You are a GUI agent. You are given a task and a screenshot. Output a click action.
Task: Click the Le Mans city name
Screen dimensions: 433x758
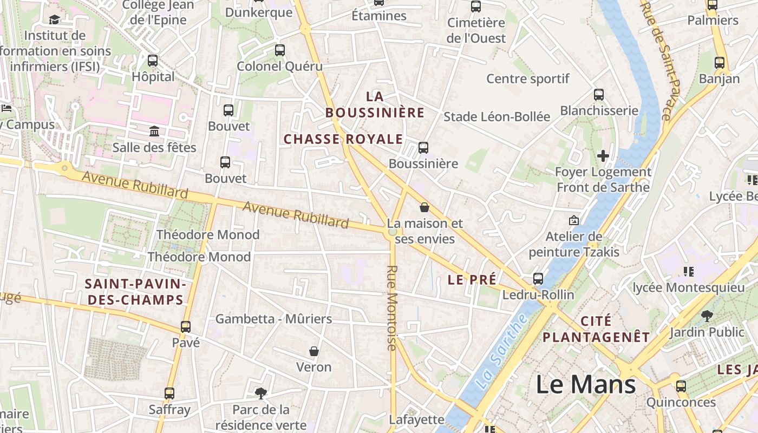tap(586, 384)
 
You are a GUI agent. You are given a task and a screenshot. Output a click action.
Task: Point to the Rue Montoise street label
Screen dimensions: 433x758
tap(393, 307)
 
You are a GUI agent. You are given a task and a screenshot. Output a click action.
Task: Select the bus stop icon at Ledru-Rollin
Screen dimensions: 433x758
tap(538, 279)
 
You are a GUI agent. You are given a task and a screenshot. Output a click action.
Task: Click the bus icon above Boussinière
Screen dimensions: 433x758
tap(423, 147)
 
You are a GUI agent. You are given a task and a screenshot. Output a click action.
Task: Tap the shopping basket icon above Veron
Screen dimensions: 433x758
tap(313, 351)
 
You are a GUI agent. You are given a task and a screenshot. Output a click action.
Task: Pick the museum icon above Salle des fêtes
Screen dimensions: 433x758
tap(154, 131)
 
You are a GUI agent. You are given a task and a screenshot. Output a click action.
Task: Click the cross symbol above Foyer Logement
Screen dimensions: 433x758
tap(603, 156)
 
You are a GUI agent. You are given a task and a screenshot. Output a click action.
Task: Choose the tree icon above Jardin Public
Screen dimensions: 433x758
tap(707, 316)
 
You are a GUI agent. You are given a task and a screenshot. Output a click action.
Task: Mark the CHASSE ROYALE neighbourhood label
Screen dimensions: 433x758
tap(343, 139)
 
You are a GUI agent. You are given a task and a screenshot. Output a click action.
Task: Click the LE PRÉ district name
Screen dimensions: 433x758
tap(472, 280)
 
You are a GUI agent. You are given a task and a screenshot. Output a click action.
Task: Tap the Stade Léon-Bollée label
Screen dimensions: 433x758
tap(496, 116)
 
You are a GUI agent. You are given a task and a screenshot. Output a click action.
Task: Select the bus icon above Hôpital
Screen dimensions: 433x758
tap(153, 60)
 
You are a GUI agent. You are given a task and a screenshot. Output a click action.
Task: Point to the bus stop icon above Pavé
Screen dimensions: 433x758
tap(186, 326)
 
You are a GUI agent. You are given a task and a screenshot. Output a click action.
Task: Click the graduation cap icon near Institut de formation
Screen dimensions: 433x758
tap(54, 20)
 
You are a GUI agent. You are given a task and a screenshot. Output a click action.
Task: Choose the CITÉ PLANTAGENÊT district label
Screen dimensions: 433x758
tap(596, 329)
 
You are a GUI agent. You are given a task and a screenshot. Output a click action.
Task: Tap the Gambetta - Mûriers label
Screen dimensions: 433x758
tap(273, 319)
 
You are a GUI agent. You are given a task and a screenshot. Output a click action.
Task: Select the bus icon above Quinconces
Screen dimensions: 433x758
tap(681, 386)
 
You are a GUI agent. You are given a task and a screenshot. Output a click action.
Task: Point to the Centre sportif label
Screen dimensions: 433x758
tap(528, 78)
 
